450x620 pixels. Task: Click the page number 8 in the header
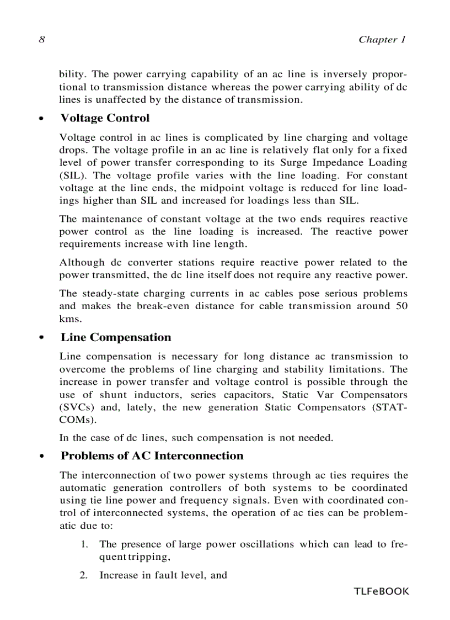41,39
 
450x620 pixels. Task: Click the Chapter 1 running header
382,39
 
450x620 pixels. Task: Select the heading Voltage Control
105,118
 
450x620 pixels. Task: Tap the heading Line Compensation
116,337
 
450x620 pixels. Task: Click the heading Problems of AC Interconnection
152,455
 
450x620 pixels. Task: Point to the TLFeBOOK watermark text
382,591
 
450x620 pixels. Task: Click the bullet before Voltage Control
41,119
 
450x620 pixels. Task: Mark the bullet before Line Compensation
41,338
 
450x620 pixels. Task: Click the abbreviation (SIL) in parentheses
72,176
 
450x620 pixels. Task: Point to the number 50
401,306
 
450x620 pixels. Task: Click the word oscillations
266,544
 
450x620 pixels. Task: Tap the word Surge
294,163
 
